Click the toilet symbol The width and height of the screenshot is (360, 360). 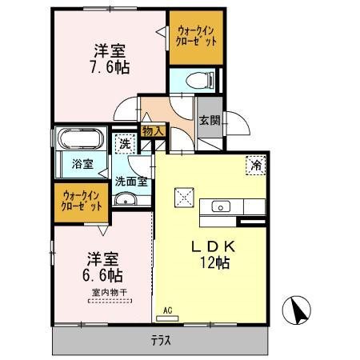[x=199, y=80]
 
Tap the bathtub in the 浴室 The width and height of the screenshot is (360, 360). [x=81, y=138]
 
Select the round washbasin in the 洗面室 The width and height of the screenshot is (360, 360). [x=125, y=199]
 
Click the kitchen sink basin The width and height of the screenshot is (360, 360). [x=221, y=206]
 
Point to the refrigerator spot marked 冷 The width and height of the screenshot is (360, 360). [x=256, y=165]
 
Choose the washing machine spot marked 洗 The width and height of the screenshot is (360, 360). [x=125, y=144]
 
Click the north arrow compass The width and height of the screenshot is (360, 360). [x=296, y=310]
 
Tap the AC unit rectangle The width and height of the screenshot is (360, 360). [x=167, y=318]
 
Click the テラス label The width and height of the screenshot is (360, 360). [x=161, y=341]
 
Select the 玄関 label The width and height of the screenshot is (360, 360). [x=210, y=120]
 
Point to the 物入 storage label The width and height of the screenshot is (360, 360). [x=153, y=131]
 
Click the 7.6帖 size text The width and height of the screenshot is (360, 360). [x=110, y=67]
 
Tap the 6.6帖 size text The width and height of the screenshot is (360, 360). [x=102, y=275]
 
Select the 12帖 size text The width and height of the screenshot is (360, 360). [x=215, y=262]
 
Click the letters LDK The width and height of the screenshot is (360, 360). [x=214, y=246]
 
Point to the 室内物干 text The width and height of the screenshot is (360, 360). [x=110, y=293]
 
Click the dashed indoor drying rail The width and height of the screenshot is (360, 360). [x=110, y=301]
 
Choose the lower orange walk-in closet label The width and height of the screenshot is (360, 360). [x=82, y=201]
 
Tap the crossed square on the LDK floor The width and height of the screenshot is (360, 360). [x=184, y=198]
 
